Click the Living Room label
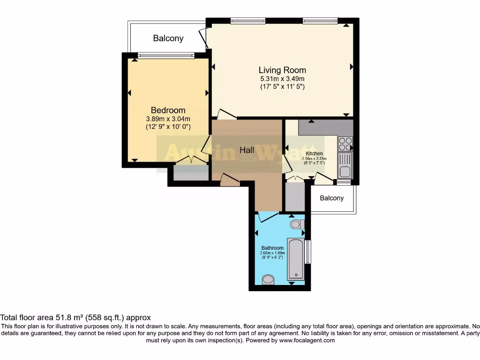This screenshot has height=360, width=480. [282, 70]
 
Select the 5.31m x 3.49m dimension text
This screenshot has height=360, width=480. [282, 79]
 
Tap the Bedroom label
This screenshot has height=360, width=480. [168, 111]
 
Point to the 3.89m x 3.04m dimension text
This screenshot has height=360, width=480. [168, 119]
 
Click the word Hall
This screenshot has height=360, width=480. [247, 150]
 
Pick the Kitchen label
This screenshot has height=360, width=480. [314, 153]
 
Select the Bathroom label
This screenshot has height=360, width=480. [272, 248]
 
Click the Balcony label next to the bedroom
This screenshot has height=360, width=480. [168, 38]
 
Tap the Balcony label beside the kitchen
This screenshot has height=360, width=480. [332, 198]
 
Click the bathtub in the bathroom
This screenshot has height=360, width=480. [295, 259]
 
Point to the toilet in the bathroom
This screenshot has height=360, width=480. [296, 225]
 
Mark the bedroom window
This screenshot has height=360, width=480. [166, 55]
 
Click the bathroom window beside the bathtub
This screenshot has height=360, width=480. [307, 252]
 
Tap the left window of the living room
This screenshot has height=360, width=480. [248, 21]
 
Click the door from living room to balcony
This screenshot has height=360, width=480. [203, 37]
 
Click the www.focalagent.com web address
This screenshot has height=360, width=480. [307, 340]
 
